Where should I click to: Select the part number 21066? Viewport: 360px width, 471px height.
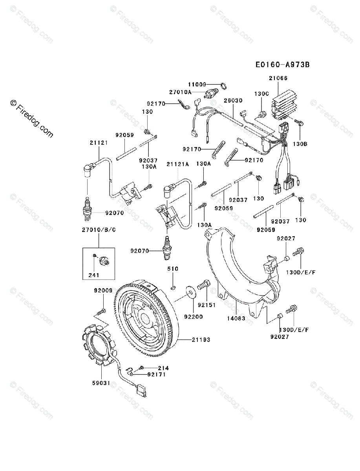278,78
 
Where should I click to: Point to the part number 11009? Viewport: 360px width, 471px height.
197,84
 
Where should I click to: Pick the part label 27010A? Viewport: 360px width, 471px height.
180,92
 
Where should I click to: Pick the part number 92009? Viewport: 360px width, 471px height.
103,291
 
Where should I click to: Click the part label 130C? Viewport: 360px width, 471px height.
261,94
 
